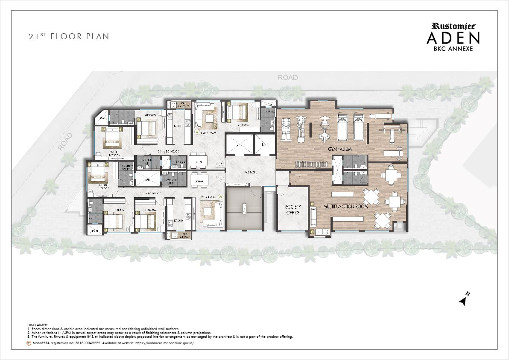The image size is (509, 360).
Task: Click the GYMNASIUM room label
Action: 339,149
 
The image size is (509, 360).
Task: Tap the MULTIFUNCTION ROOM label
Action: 345,206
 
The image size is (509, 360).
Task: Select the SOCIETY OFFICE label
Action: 293,209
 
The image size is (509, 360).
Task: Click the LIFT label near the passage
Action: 264,145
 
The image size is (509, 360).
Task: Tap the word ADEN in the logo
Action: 453,38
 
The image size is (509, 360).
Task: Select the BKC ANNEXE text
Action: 453,49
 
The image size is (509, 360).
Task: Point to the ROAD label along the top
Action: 287,77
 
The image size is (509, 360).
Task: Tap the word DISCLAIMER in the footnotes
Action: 38,325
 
